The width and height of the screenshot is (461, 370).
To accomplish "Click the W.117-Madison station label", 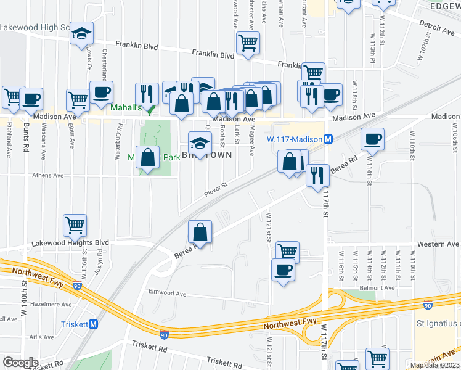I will pos(295,139).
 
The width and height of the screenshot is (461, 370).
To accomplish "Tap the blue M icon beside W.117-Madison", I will pos(328,139).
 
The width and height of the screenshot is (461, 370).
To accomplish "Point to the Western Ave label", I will pos(438,245).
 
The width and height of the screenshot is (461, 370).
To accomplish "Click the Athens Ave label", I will pos(47,176).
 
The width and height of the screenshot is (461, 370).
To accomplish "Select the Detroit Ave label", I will pos(437,27).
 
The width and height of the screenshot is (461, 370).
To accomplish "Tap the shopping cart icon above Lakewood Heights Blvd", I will pos(75,225).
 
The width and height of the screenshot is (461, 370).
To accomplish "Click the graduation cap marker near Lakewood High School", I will pos(81,34).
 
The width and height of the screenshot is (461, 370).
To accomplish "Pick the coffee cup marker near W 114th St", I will pos(372,139).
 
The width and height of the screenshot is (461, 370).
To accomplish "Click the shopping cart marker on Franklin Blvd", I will pos(248,43).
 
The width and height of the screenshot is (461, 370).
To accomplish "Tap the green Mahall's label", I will pos(126,108).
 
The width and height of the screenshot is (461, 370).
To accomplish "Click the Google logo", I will pos(21,363).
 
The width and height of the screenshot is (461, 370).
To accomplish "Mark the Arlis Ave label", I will pos(42,337).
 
